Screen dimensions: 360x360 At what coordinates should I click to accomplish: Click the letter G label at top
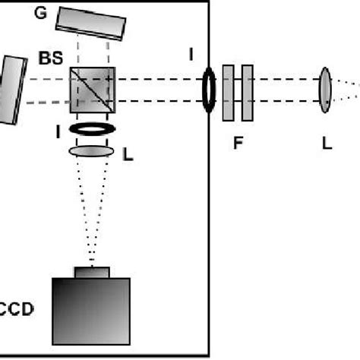40,13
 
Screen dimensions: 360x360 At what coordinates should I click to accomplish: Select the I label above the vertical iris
192,54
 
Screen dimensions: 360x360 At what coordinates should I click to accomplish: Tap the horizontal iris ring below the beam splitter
92,129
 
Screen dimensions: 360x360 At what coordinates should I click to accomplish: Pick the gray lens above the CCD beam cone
92,152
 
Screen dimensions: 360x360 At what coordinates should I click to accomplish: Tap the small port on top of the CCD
91,273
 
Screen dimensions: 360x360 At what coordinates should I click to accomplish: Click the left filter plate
229,93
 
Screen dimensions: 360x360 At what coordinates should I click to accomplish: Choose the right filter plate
247,93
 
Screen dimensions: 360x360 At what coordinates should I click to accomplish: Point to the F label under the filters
238,141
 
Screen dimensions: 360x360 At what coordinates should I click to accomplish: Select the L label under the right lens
327,141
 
